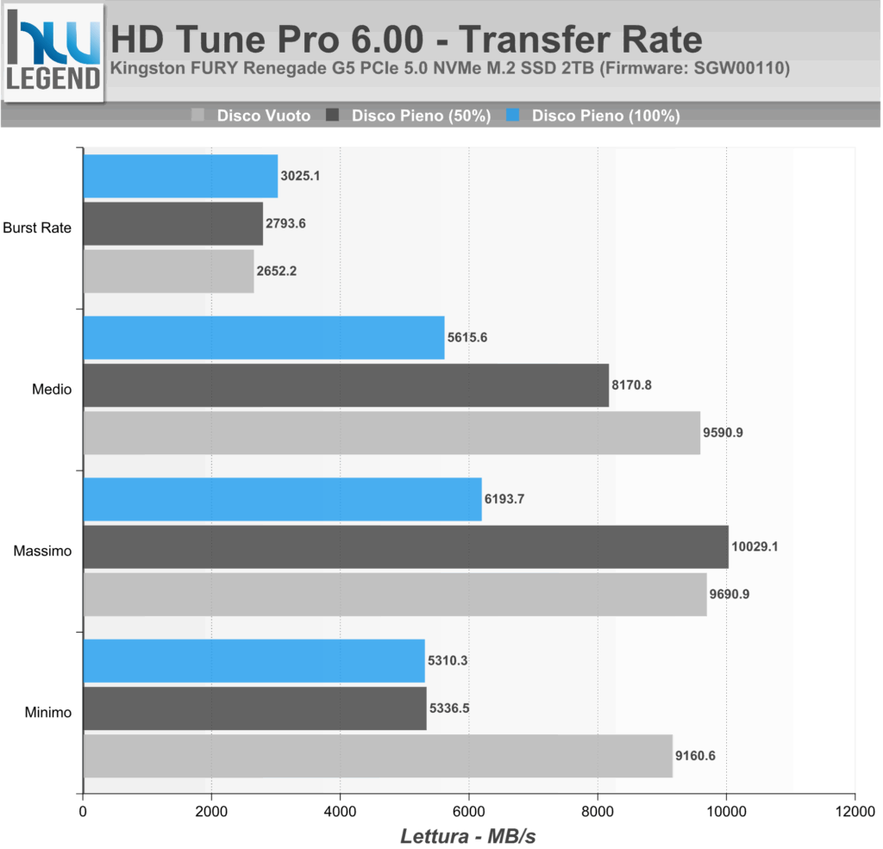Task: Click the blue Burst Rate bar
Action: tap(180, 176)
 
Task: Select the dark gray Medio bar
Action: tap(346, 385)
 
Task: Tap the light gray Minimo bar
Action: tap(377, 756)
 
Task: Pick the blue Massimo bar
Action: tap(282, 499)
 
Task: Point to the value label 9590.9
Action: tap(723, 433)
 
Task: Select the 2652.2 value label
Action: tap(279, 271)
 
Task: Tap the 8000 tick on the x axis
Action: tap(598, 811)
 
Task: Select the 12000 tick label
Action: tap(854, 811)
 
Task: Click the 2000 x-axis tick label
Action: tap(211, 811)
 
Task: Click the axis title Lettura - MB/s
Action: tap(469, 835)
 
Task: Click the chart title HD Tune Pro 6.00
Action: tap(406, 40)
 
